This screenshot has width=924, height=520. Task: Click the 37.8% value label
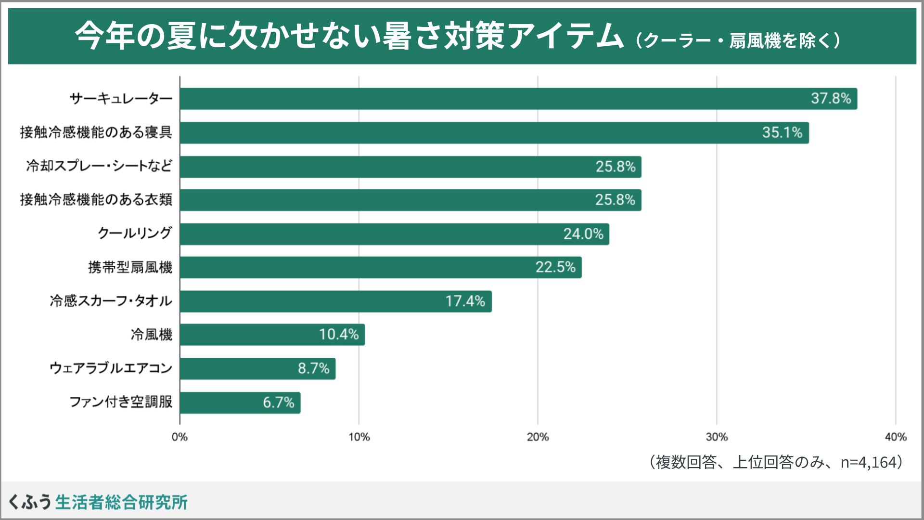click(831, 99)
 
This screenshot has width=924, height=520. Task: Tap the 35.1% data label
click(782, 132)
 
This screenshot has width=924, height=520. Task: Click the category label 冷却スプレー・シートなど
click(99, 167)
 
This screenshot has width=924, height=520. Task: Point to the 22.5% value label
click(555, 267)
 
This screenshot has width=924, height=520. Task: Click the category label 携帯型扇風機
click(130, 267)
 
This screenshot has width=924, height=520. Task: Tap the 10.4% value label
click(339, 335)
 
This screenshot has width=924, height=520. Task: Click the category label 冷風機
click(151, 335)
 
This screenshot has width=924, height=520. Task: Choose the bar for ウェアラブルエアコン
click(257, 368)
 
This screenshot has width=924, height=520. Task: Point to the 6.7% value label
click(278, 403)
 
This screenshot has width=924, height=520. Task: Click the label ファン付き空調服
click(121, 402)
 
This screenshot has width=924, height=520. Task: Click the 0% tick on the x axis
click(180, 437)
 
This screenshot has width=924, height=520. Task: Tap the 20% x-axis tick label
click(538, 437)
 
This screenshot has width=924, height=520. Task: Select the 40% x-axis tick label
click(895, 437)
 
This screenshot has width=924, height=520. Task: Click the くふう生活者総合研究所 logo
click(98, 502)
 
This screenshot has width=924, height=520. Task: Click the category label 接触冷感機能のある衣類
click(96, 200)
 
